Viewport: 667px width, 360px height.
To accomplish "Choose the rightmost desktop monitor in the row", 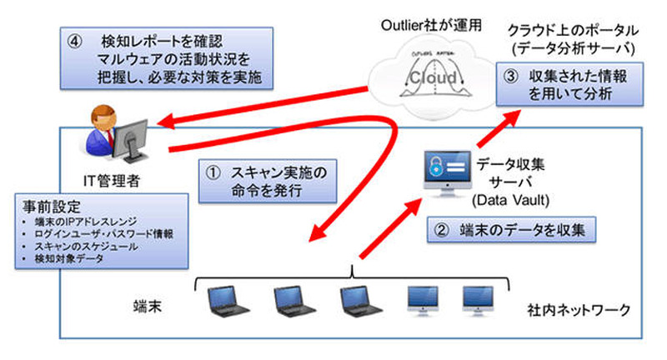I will (x=478, y=299).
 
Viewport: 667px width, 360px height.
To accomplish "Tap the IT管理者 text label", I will (x=123, y=177).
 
